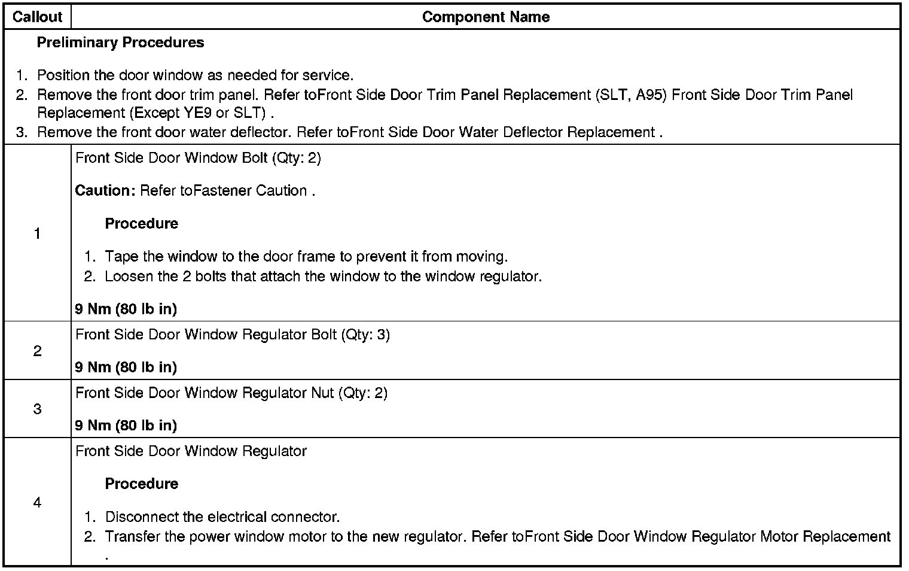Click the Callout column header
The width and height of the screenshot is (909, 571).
(x=37, y=17)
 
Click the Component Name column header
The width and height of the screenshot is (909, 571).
(x=486, y=17)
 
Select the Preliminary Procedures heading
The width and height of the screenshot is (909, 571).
(x=120, y=42)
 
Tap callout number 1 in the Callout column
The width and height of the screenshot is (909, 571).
(x=37, y=233)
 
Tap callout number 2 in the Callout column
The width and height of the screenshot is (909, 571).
(x=37, y=351)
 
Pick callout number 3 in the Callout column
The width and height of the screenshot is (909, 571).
(x=37, y=409)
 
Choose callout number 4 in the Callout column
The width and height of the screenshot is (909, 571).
(x=37, y=503)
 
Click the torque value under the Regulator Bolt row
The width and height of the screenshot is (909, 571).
(x=126, y=367)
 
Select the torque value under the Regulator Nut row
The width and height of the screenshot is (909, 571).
(x=126, y=425)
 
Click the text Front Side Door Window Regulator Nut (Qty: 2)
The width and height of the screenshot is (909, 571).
(x=231, y=393)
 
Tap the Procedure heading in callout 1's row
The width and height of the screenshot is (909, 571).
(x=142, y=223)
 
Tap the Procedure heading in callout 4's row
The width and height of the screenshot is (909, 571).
(x=142, y=484)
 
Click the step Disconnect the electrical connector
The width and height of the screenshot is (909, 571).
(x=222, y=517)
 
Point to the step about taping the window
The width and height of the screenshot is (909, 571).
(x=306, y=257)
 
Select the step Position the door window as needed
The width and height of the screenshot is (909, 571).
(x=195, y=75)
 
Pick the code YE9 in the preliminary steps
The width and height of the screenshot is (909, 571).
(x=198, y=113)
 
